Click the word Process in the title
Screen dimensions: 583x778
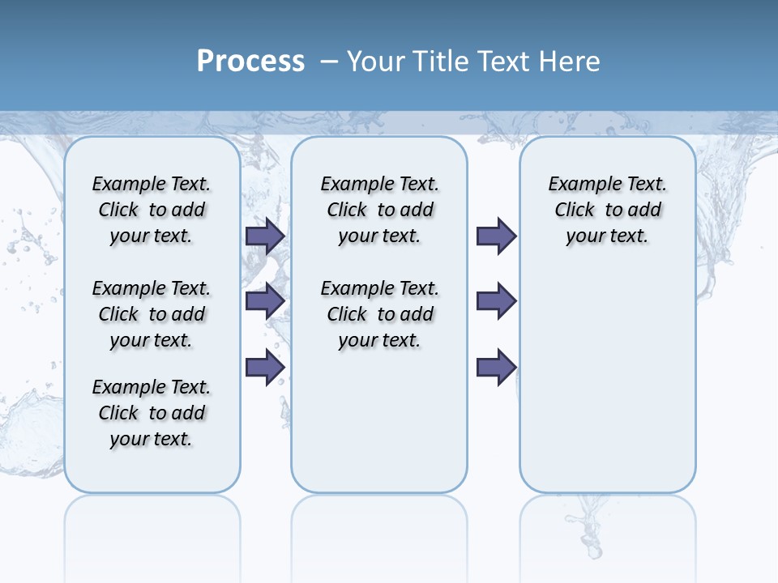[250, 62]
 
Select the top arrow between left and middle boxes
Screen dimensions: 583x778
[264, 236]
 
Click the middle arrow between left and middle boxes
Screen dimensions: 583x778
[264, 301]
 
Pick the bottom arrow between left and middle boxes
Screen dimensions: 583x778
[264, 367]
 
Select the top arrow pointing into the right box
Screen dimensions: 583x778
[496, 236]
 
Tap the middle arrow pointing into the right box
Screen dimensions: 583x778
[496, 301]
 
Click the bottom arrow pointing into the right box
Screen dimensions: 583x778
[496, 367]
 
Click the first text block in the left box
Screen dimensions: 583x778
[152, 210]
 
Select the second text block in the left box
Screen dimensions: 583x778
[152, 314]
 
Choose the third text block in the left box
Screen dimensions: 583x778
[152, 413]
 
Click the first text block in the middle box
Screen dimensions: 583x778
[379, 210]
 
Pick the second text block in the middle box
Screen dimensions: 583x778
[379, 314]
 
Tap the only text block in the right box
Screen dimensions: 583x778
[607, 210]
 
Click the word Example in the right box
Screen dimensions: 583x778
[581, 184]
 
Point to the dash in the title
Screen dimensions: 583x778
[329, 62]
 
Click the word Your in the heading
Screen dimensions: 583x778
[376, 62]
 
